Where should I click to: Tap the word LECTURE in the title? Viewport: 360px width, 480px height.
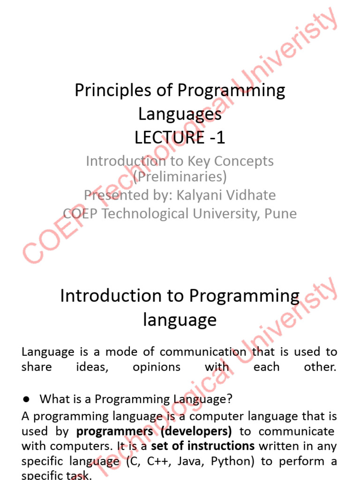(163, 138)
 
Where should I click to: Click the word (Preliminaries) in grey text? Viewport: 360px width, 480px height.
(180, 177)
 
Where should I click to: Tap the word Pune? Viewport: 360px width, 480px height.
(280, 213)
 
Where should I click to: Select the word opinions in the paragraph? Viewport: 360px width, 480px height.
(157, 367)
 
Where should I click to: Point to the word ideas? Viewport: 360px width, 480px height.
(92, 367)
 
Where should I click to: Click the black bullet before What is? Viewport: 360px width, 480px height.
(26, 399)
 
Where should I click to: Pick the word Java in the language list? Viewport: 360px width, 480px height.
(192, 461)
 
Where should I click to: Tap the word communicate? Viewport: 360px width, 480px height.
(297, 431)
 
